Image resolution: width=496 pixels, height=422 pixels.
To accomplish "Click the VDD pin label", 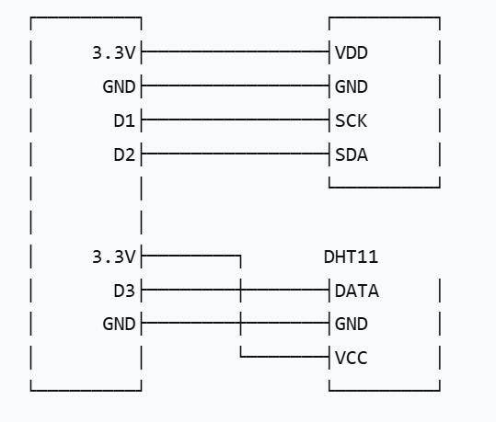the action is click(x=352, y=52).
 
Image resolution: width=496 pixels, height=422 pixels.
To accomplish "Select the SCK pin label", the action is click(x=351, y=120).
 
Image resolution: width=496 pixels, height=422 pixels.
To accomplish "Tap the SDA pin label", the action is click(x=352, y=154).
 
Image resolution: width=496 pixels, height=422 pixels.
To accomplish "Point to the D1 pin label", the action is click(x=124, y=120).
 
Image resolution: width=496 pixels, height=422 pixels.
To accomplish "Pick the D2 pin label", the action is click(x=124, y=154).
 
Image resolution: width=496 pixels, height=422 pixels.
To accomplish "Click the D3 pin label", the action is click(x=124, y=291).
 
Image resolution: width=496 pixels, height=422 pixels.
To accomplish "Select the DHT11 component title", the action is click(x=351, y=257).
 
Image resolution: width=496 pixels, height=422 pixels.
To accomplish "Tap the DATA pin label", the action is click(x=356, y=291).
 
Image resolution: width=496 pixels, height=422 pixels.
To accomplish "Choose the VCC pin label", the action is click(x=351, y=359).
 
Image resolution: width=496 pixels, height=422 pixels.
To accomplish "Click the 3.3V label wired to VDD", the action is click(x=113, y=52).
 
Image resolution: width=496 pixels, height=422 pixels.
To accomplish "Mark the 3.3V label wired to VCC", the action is click(x=113, y=257).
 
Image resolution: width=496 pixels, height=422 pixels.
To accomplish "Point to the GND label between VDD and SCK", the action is click(x=352, y=86).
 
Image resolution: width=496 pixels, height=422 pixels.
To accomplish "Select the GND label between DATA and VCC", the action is click(x=352, y=324).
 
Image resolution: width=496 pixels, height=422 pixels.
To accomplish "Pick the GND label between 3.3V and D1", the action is click(x=119, y=86).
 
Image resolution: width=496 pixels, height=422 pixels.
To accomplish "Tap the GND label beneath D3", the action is click(x=119, y=324).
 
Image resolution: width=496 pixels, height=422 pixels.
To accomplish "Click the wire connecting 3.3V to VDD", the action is click(x=236, y=51).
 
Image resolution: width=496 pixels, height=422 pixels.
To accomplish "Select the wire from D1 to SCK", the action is click(x=236, y=120).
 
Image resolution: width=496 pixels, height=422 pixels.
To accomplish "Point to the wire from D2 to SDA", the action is click(x=236, y=154).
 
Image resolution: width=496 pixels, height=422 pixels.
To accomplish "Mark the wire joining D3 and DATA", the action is click(x=236, y=290).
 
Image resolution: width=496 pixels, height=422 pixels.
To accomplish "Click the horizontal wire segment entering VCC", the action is click(x=284, y=357).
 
